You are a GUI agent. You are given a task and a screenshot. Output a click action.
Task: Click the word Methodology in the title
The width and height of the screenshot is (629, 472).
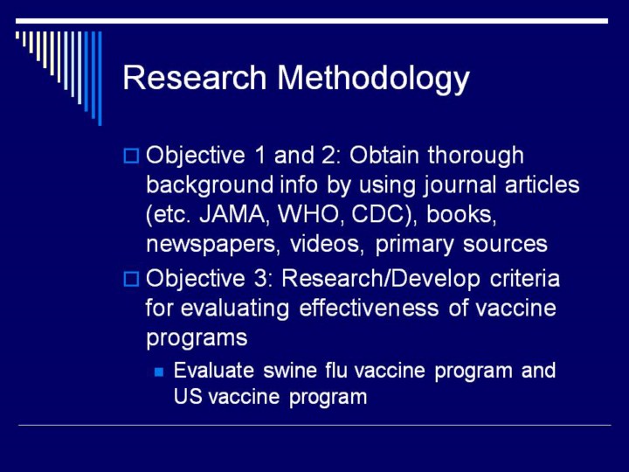[373, 79]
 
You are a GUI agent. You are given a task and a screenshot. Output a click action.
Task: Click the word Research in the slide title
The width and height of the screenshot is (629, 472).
[195, 78]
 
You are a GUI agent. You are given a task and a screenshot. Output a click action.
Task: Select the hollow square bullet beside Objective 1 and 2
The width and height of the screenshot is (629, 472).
[131, 156]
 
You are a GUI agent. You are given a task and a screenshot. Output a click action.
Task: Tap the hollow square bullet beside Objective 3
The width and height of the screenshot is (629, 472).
[131, 279]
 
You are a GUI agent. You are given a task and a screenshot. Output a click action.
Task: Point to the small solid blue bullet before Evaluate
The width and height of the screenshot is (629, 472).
[159, 372]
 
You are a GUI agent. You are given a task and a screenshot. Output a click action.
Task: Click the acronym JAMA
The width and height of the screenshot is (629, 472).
[232, 215]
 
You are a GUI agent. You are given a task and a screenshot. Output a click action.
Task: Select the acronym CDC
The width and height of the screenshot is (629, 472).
[385, 215]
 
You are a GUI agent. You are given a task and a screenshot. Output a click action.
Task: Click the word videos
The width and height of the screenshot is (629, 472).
[327, 244]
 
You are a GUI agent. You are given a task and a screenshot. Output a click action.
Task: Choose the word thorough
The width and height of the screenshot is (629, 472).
[476, 156]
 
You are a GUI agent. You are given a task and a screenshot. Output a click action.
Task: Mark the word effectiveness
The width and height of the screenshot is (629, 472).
[369, 308]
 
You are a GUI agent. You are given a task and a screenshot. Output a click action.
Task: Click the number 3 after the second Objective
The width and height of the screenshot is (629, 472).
[260, 279]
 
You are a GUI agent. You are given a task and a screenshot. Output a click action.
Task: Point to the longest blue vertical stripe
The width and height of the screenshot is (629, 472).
[100, 79]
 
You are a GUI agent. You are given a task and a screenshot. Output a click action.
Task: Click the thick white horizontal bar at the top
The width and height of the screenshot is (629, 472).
[312, 21]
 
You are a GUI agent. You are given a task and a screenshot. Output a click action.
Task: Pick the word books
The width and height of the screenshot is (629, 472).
[461, 215]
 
